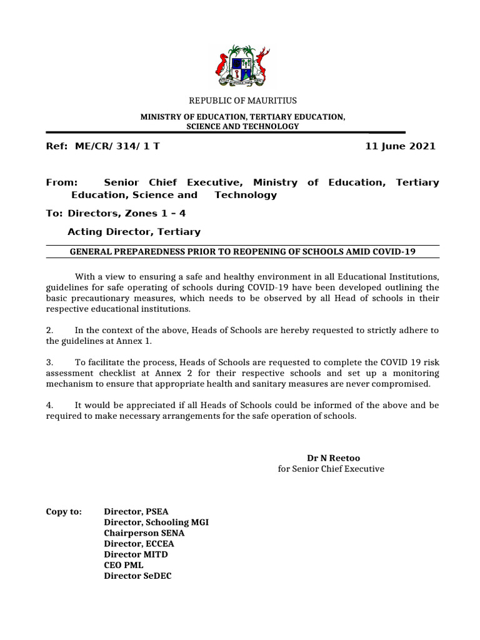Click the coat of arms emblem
tap(243, 66)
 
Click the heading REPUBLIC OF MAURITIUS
tap(243, 101)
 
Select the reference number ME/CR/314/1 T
tap(117, 146)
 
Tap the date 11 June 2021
tap(400, 146)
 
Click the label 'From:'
tap(62, 182)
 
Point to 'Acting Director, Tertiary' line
tap(134, 232)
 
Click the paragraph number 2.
tap(49, 330)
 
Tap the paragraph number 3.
tap(49, 362)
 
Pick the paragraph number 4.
tap(49, 405)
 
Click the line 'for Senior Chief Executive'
tap(331, 468)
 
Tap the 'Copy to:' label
tap(64, 511)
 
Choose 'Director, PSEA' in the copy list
tap(136, 511)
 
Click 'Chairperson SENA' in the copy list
tap(144, 533)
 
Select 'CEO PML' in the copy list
tap(124, 565)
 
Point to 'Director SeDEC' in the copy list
tap(137, 576)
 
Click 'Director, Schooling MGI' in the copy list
tap(156, 522)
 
